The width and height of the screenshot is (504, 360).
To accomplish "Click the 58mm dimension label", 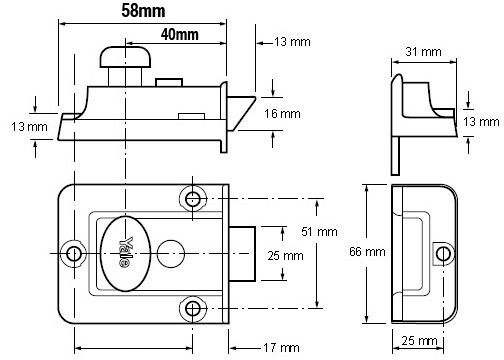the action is point(143,11).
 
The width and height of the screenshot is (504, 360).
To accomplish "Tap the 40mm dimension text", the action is point(180,34).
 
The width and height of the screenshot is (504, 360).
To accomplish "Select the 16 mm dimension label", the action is point(282,114).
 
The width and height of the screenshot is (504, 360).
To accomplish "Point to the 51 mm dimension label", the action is point(319,232).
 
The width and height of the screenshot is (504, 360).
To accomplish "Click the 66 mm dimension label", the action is point(367,252).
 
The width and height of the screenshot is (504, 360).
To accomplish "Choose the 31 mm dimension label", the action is point(423,52).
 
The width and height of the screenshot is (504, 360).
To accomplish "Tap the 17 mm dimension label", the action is point(281,348).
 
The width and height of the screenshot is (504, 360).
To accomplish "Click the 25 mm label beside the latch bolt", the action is point(285,256).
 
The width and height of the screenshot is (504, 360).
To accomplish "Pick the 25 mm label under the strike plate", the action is point(419,341).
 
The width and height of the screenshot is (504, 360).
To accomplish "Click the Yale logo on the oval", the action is point(125,252).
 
